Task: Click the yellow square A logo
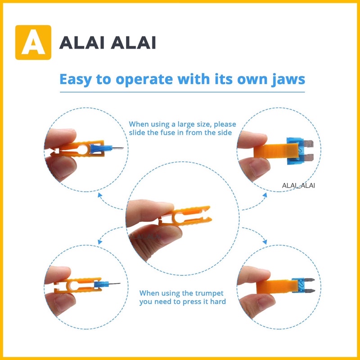pos(33,42)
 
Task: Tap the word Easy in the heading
pos(76,80)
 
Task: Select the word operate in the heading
pos(144,80)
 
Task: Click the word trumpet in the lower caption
pos(209,293)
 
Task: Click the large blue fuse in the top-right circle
pos(299,151)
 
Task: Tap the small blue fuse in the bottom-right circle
pos(303,286)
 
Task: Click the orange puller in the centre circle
pos(186,216)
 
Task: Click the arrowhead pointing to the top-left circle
pos(100,195)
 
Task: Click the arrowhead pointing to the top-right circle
pos(265,195)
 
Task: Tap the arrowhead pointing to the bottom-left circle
pos(100,242)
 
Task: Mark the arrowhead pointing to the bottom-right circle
pos(265,242)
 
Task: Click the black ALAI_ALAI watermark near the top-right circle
pos(298,185)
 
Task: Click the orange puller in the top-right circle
pos(276,151)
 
